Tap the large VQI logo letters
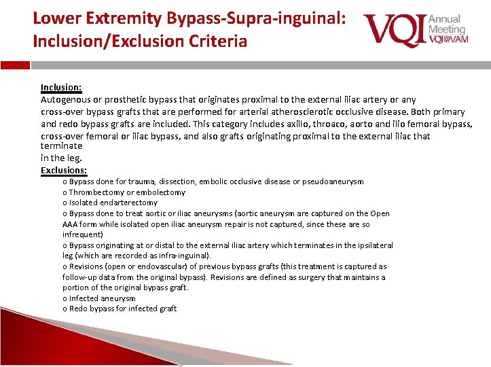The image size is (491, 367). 393,31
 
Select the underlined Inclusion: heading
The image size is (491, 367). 61,87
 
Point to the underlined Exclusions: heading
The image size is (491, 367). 64,170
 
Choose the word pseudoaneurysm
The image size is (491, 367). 331,181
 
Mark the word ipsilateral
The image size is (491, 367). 371,245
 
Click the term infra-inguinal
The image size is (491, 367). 183,256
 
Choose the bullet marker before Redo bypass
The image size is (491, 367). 65,309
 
